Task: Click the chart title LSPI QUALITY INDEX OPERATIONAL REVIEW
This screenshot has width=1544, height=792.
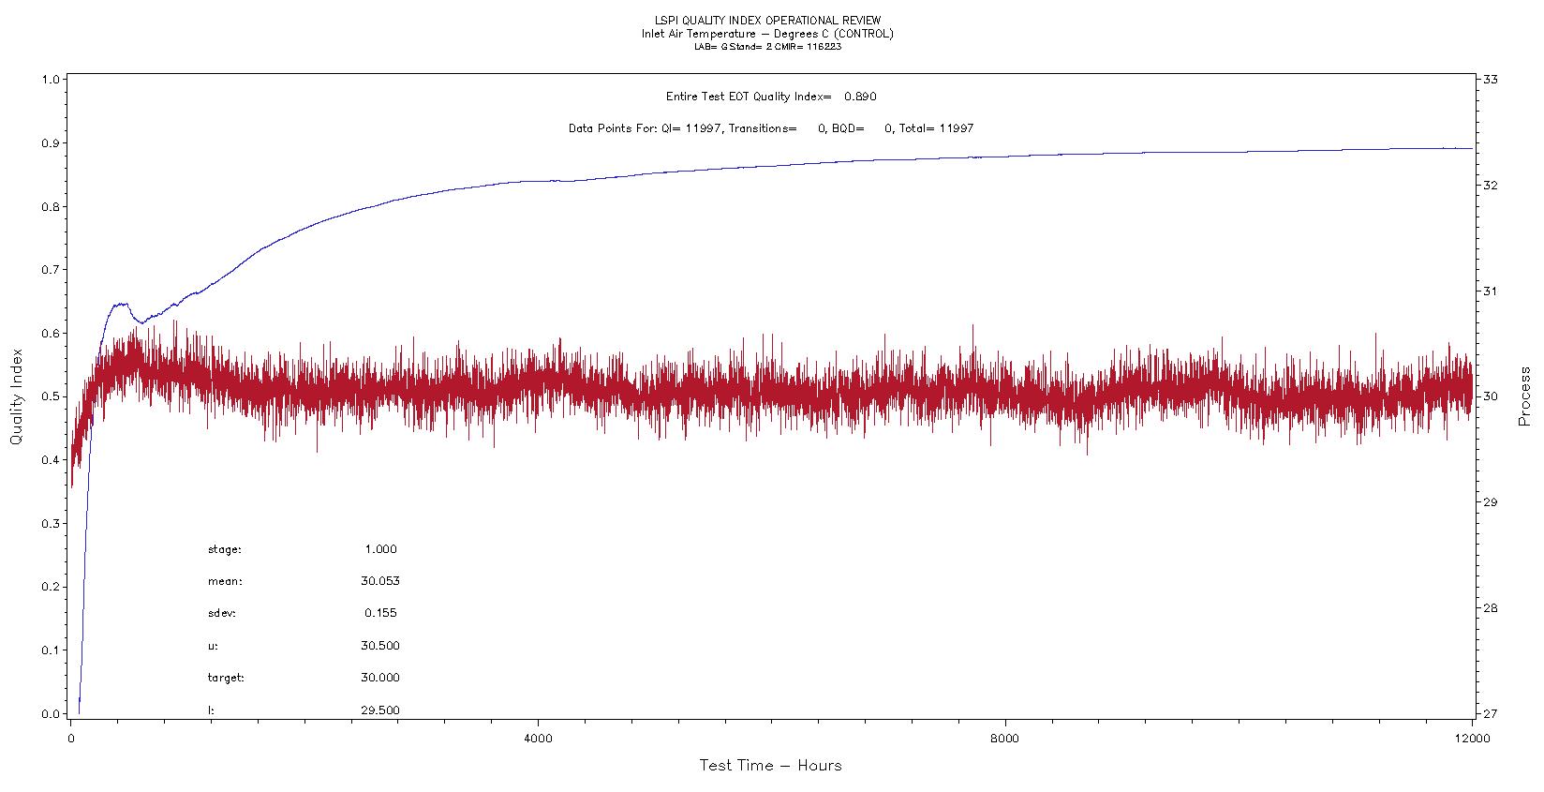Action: [766, 21]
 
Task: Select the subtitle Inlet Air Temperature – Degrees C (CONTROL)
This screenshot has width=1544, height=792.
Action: [766, 34]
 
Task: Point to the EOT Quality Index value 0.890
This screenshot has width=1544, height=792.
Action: [860, 97]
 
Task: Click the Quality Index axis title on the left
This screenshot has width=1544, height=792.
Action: [16, 397]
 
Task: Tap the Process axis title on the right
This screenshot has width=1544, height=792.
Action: [1525, 396]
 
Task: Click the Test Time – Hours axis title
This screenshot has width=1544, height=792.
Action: [770, 766]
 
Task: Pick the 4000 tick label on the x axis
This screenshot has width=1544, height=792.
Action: [538, 739]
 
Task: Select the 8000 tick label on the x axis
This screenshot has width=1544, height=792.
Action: [1005, 739]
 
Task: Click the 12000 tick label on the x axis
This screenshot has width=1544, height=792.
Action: [1472, 739]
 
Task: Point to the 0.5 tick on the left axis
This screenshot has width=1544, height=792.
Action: [51, 397]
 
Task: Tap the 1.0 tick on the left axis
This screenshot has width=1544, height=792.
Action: [51, 80]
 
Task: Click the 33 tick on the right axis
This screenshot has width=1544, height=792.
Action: [1490, 80]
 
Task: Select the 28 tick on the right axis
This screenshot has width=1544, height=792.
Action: [1490, 608]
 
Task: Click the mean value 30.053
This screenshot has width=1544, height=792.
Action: [379, 581]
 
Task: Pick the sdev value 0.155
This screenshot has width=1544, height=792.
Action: [380, 613]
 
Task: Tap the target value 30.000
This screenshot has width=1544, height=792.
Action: [379, 678]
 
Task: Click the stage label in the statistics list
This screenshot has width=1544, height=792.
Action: [225, 550]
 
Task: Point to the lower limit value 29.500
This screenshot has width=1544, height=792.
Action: [379, 710]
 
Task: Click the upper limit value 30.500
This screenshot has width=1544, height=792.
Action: [379, 646]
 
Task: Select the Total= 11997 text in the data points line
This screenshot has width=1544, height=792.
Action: [936, 128]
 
